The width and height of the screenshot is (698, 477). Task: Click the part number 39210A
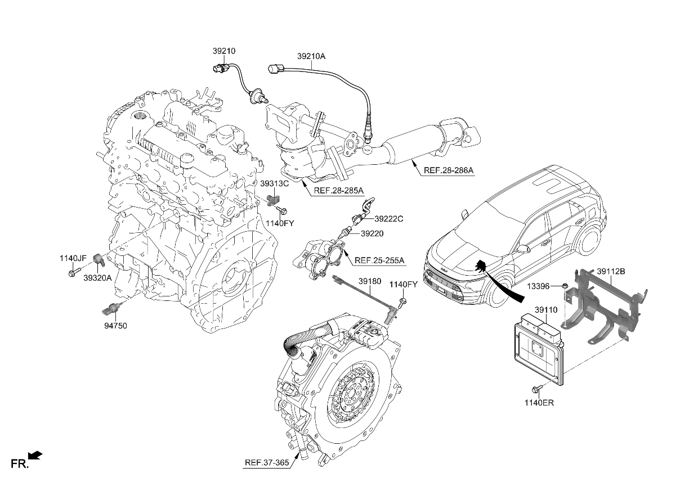pos(311,56)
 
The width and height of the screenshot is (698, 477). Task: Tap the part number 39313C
pos(274,183)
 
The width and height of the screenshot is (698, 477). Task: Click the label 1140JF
pos(73,258)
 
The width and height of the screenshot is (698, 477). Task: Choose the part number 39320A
pos(97,278)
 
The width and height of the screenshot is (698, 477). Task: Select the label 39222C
pos(389,219)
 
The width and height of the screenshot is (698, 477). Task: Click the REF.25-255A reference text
pos(379,261)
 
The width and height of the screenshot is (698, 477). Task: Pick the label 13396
pos(538,286)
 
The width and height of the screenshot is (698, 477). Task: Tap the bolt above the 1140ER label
pos(535,388)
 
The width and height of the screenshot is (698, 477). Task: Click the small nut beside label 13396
pos(563,286)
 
